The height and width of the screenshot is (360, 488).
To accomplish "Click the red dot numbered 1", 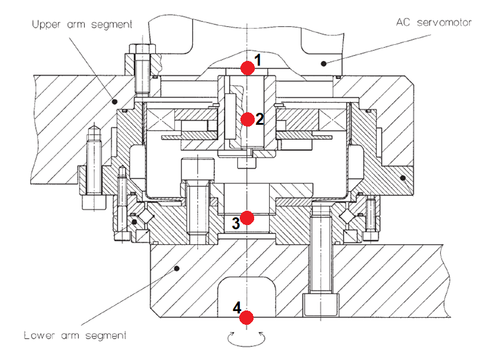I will coord(248,68).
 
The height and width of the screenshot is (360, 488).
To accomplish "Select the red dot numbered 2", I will coord(248,119).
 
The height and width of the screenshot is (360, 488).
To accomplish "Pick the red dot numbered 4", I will coord(248,317).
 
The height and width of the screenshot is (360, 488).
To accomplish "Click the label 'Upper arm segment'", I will coord(82,25).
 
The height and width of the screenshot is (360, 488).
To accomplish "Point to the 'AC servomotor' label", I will coord(434,22).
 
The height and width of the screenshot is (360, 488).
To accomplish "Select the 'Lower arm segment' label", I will coord(75,335).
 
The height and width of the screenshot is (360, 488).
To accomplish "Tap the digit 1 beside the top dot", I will coord(258,60).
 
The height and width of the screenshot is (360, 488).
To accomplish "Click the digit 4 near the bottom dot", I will coord(237,308).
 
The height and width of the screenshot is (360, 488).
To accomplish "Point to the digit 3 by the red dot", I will coord(236,223).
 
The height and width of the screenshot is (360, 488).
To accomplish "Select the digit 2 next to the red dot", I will coord(260,119).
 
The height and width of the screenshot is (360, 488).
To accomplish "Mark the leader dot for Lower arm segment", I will coord(177,269).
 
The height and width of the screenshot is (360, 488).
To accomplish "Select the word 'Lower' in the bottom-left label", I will coord(39,335).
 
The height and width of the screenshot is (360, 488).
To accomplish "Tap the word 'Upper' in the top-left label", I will coord(46,25).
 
